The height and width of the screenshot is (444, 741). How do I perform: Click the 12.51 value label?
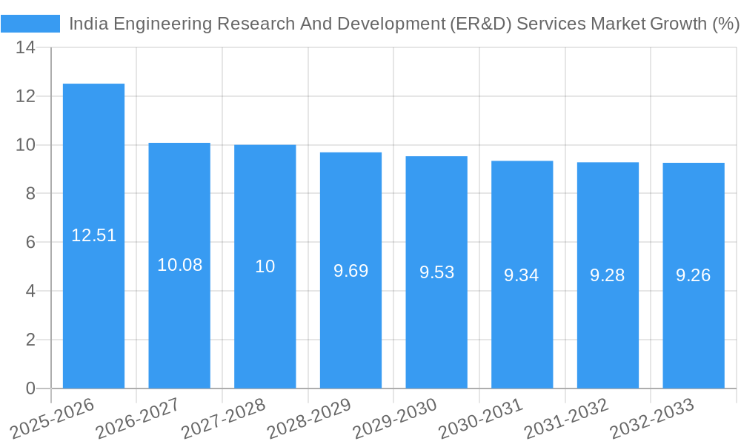point(93,235)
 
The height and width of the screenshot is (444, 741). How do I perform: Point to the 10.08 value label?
point(179,265)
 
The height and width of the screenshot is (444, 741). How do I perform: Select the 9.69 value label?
point(350,271)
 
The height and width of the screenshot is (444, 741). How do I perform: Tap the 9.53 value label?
point(436,272)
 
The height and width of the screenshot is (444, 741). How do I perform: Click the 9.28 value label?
point(608,275)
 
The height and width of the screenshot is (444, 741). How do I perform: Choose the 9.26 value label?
point(694,275)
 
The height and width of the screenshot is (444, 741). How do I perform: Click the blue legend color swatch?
point(30,24)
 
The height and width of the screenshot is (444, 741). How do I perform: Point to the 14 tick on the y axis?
point(26,47)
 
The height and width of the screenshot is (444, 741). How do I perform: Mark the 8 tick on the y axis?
point(30,194)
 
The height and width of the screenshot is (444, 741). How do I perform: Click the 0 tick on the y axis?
point(30,388)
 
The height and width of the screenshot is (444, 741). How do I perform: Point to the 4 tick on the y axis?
point(30,291)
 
